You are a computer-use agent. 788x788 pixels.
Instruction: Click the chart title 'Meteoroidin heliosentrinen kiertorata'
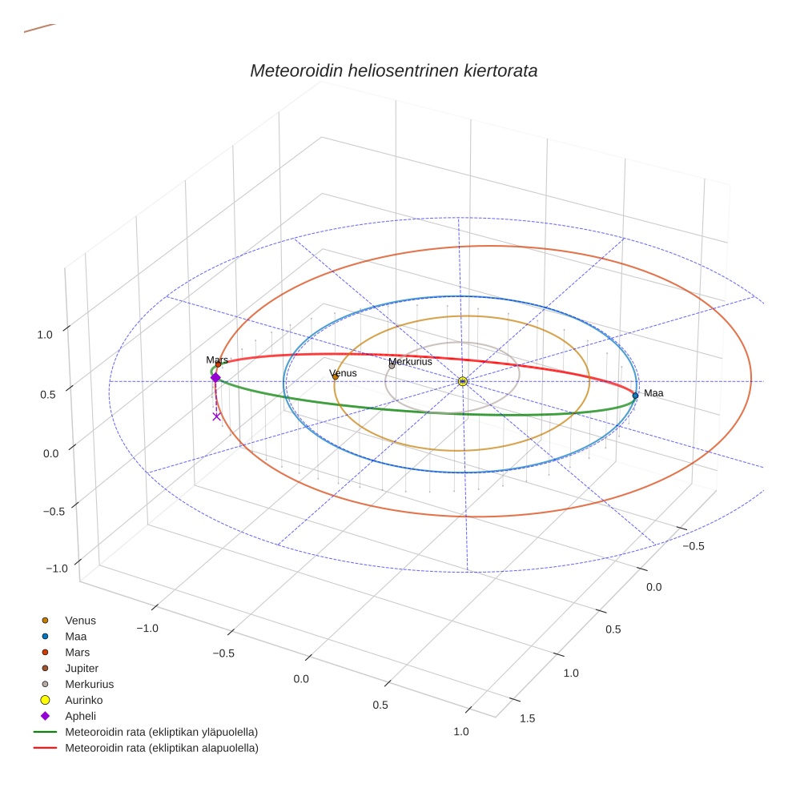393,70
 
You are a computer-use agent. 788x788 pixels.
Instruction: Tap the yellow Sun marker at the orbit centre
463,381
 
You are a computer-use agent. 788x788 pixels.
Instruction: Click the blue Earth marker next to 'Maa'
635,395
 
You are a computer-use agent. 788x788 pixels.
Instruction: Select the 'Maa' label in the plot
653,393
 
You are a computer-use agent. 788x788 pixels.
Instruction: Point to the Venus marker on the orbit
335,376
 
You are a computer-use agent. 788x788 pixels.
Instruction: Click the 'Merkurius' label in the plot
410,362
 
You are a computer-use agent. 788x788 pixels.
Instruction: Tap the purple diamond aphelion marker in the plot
215,378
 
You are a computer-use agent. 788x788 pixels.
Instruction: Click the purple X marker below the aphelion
216,416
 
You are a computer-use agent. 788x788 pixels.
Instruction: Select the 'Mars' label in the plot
217,360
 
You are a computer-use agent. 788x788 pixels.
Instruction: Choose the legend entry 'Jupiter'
82,668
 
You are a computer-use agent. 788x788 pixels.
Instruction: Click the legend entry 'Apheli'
80,716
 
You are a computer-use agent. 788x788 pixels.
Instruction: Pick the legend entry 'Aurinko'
83,700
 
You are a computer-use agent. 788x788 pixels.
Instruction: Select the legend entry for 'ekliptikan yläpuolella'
161,732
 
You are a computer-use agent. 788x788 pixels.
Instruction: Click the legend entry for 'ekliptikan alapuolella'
161,748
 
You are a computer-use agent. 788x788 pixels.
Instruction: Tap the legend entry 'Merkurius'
89,684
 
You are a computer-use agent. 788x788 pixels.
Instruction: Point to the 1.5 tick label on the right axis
528,718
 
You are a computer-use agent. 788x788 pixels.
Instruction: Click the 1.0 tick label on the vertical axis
45,335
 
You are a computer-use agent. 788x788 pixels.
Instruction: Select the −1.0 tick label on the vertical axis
57,568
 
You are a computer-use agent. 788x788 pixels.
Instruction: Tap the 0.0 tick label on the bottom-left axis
301,679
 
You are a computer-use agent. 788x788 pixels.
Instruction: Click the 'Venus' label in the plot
344,373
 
